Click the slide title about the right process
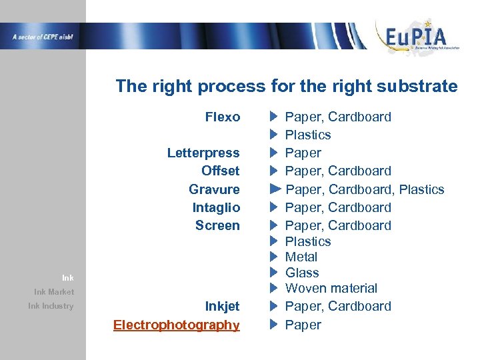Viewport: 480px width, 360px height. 287,86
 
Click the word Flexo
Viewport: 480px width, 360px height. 223,117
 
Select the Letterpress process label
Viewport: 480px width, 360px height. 203,153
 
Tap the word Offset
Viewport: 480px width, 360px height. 220,171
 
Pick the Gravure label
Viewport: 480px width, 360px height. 214,189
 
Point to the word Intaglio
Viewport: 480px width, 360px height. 216,207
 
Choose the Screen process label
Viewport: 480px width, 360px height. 217,225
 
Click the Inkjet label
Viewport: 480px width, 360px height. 222,307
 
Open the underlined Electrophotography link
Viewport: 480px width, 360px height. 176,325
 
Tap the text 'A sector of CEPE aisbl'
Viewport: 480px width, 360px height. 42,37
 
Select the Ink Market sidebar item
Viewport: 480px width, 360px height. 54,292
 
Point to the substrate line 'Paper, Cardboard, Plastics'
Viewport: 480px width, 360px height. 365,190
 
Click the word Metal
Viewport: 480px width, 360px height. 301,257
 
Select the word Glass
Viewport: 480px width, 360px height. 302,273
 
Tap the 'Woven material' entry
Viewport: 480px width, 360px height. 331,289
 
